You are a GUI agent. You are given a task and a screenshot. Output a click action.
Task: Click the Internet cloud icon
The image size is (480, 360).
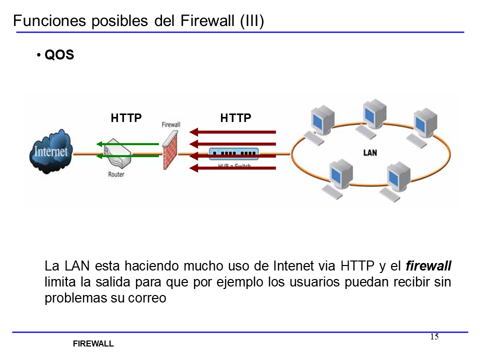point(50,151)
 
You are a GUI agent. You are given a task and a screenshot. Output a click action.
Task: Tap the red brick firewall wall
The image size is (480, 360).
point(170,150)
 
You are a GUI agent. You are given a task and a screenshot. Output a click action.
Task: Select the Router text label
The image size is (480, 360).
point(116,174)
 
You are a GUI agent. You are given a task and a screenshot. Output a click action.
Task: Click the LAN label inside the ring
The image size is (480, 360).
point(370,152)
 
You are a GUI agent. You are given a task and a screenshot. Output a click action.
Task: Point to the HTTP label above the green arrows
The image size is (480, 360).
point(126,118)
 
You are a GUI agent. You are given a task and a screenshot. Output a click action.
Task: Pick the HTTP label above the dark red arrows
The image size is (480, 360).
point(235,118)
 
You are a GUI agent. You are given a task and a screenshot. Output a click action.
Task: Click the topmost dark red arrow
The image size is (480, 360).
point(233,132)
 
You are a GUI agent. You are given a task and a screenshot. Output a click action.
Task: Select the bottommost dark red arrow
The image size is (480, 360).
point(233,168)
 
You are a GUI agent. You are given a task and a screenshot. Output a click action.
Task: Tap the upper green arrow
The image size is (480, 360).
point(128,144)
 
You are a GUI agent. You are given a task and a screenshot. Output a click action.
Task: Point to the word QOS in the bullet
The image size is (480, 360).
point(59,55)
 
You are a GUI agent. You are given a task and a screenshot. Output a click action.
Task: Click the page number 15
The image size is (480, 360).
point(434,336)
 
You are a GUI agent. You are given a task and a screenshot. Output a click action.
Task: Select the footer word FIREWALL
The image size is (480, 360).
point(93,344)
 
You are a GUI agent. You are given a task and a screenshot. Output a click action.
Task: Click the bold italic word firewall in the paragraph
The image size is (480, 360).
point(428,265)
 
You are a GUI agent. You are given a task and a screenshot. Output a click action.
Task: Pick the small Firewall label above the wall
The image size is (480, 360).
point(171,124)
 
